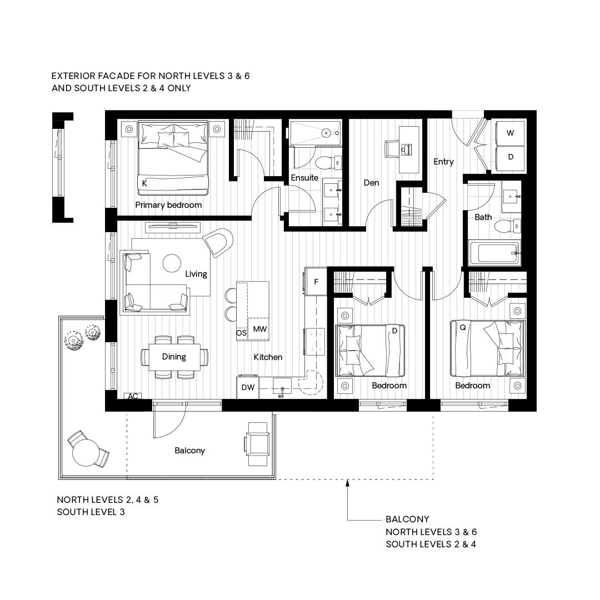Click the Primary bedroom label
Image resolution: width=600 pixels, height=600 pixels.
point(168,205)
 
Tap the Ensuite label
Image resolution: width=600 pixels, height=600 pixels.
point(304,178)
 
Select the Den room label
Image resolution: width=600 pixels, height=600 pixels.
point(371,183)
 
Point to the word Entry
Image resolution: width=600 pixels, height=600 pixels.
point(443,162)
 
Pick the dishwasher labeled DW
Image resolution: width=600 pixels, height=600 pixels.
point(248,387)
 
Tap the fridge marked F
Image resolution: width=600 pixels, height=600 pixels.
point(316,282)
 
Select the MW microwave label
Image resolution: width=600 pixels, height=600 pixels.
point(260,329)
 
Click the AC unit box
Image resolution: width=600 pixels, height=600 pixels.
point(133,396)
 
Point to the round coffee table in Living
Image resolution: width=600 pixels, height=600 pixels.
point(172,263)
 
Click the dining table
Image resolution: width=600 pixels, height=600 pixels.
point(174,357)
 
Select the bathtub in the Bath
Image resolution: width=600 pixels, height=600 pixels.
point(494,253)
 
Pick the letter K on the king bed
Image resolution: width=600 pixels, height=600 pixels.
point(144,183)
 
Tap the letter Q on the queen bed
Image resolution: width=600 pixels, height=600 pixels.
point(463,328)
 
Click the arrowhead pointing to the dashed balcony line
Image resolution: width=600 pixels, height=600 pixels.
point(347,483)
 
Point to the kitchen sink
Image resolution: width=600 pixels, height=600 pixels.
point(282,387)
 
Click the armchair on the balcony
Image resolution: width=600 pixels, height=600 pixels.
point(257,444)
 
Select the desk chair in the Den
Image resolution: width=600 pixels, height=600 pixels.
point(392,148)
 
